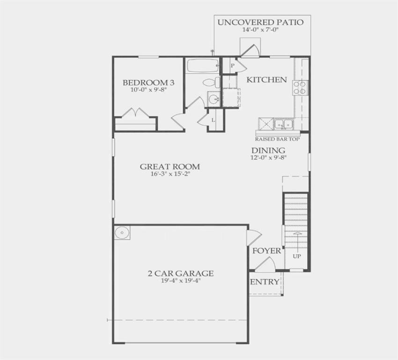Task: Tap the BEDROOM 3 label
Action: tap(148, 83)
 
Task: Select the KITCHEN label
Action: tap(266, 80)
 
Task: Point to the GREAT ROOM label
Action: tap(170, 166)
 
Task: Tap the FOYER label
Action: tap(266, 251)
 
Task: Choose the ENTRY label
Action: tap(265, 282)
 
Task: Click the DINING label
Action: tap(268, 150)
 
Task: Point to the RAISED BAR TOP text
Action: tap(277, 139)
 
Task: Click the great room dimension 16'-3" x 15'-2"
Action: tap(170, 174)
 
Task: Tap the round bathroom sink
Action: tap(214, 99)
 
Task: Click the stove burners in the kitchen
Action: tap(300, 87)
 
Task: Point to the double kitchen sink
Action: tap(283, 124)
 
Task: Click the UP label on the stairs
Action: tap(297, 256)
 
